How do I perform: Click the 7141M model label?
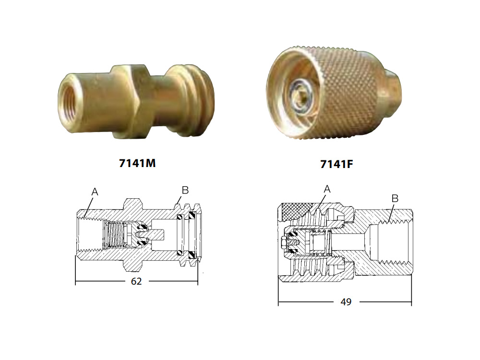137,163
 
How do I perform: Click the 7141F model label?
336,164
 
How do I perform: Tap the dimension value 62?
136,281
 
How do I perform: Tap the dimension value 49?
346,302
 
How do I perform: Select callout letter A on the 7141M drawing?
95,192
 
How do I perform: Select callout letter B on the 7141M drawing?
185,190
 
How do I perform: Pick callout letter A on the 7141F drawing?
327,189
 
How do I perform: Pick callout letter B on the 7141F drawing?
395,198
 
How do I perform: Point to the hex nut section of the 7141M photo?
130,100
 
